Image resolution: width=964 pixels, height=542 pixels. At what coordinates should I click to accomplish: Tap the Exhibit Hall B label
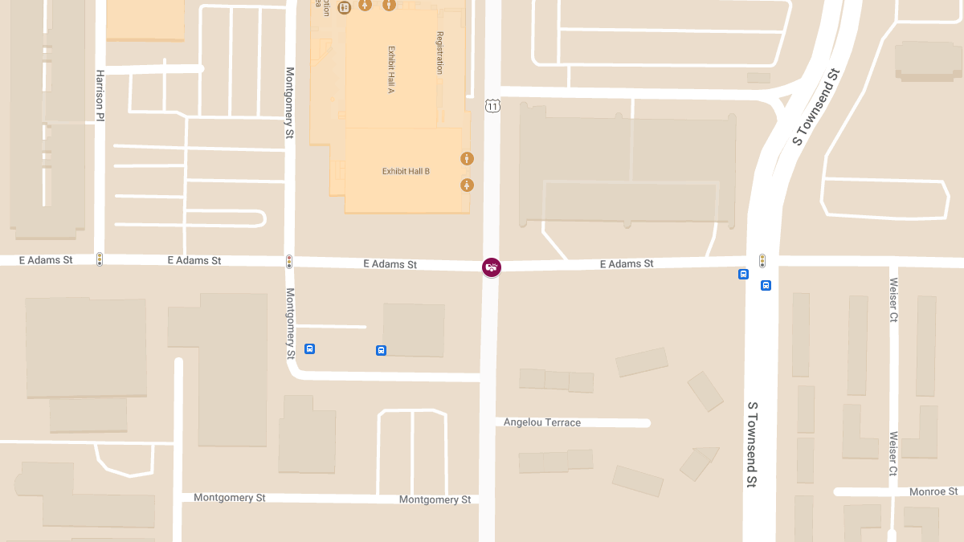pos(406,172)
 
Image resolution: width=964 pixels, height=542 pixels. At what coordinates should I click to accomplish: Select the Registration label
pos(439,53)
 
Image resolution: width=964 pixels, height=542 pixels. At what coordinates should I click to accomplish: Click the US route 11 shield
pos(492,105)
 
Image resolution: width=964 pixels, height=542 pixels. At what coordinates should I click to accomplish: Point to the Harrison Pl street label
pos(100,95)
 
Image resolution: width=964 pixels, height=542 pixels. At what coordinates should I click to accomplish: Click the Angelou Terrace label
pos(542,422)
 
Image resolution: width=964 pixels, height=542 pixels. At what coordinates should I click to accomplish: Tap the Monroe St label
pos(933,491)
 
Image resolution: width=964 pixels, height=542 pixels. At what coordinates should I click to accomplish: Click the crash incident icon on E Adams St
pos(491,267)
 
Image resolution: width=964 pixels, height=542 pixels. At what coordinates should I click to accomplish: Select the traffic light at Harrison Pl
pos(100,259)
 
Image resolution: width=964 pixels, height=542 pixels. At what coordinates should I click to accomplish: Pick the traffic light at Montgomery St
pos(289,262)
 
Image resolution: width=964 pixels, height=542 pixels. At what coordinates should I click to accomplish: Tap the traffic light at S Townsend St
pos(762,260)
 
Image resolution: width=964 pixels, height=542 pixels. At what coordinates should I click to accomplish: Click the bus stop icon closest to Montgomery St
pos(309,349)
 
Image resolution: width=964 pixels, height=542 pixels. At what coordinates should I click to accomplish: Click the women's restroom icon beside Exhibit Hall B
pos(467,185)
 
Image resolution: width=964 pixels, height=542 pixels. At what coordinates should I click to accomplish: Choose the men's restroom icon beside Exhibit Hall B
pos(467,159)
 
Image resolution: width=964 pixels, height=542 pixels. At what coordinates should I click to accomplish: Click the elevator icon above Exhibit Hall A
pos(345,8)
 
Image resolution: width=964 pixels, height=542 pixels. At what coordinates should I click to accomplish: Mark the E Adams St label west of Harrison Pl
pos(46,260)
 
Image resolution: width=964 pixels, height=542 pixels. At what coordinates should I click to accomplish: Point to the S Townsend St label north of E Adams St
pos(815,107)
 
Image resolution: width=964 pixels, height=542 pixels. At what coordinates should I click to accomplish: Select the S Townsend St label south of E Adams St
pos(753,444)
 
